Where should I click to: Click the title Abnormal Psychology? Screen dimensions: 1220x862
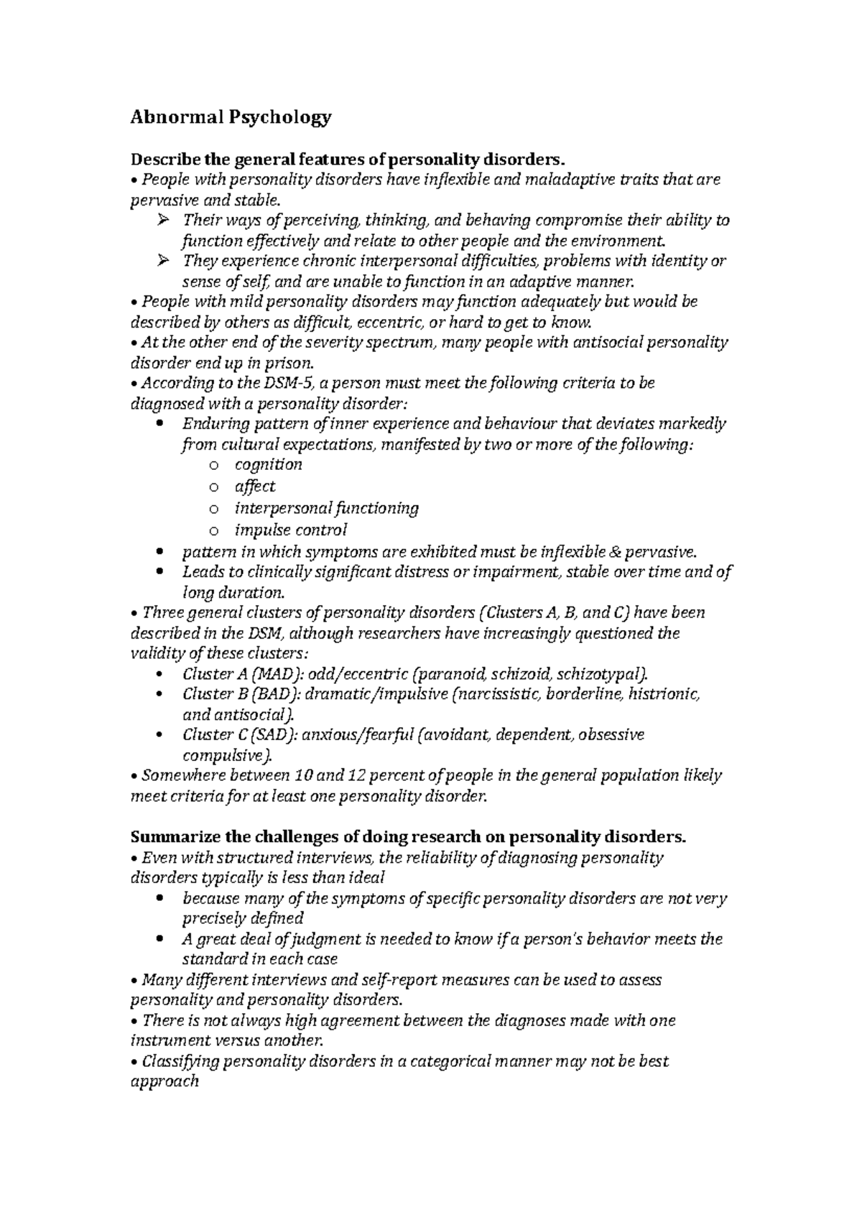point(231,117)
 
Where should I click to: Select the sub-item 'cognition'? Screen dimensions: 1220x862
point(268,465)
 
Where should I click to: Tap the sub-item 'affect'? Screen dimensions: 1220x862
point(255,486)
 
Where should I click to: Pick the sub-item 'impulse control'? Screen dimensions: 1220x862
point(290,530)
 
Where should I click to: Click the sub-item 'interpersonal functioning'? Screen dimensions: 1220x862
point(326,509)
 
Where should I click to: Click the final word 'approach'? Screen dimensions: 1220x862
point(164,1081)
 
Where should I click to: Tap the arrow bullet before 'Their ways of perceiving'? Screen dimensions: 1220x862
point(162,221)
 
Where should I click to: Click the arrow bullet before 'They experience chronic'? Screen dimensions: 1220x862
point(162,261)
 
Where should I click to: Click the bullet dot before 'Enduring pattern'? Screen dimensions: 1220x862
point(159,424)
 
